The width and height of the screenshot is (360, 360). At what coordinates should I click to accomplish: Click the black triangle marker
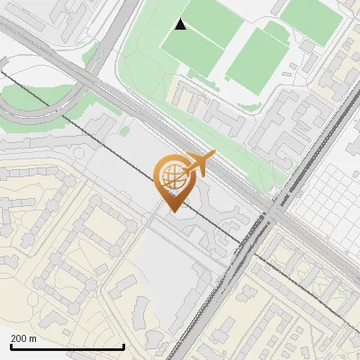(181, 24)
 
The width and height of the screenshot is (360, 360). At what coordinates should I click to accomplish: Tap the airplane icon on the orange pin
(200, 164)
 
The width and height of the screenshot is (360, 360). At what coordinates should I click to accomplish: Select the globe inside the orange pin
(170, 175)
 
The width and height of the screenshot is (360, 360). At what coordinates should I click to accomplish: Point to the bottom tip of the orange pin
(171, 212)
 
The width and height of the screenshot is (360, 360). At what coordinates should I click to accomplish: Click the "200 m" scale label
(24, 338)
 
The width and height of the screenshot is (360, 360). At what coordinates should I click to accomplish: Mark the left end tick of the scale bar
(10, 346)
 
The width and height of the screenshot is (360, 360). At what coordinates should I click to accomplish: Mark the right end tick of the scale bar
(123, 346)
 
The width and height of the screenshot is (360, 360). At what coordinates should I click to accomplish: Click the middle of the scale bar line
(67, 347)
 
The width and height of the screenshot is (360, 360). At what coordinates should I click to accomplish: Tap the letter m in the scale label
(32, 338)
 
